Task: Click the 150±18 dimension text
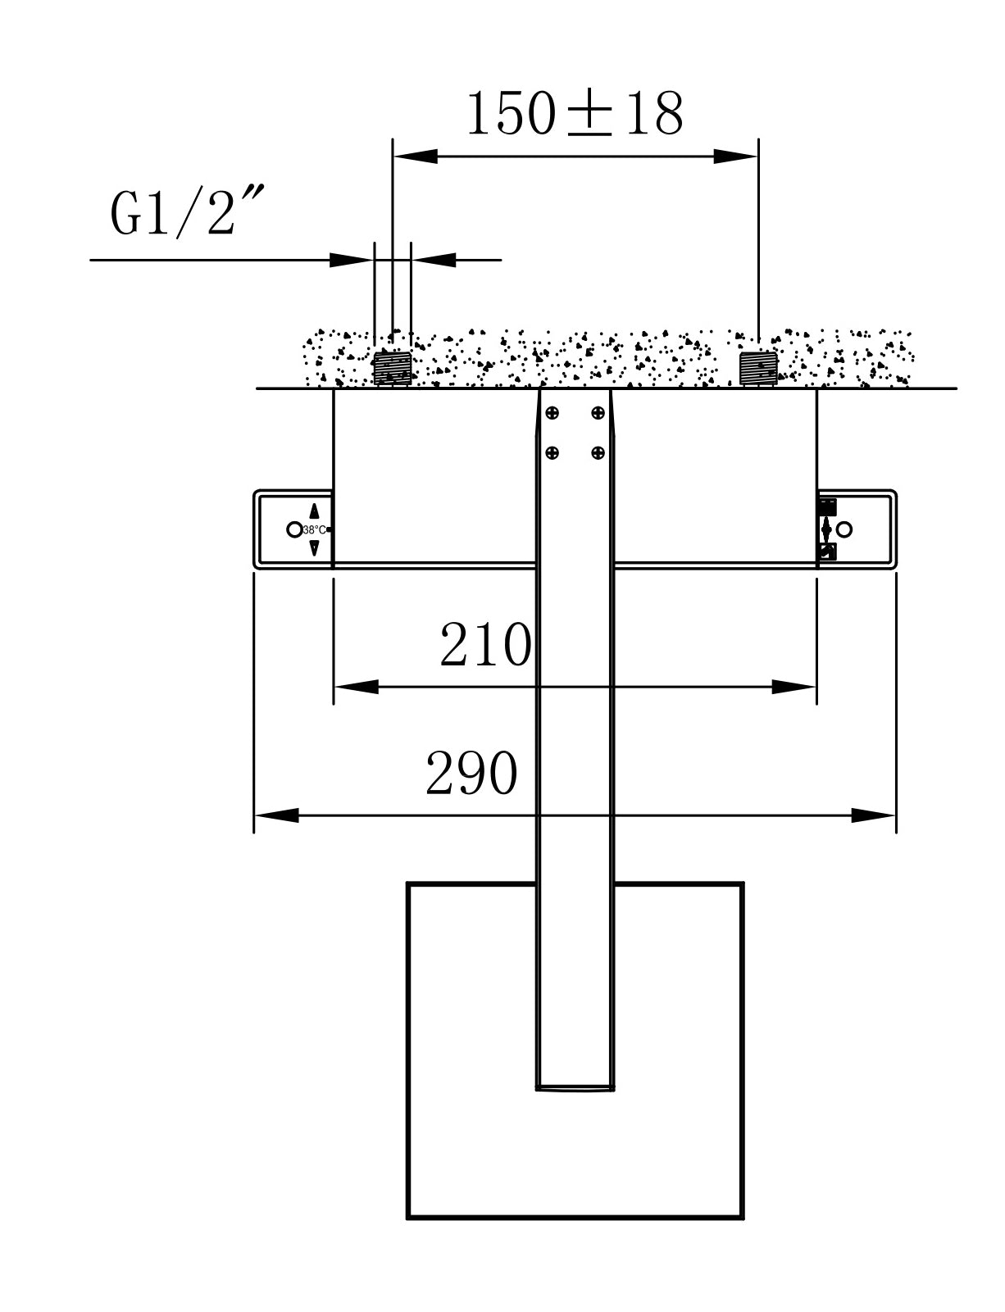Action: coord(575,114)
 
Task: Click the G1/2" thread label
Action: coord(187,211)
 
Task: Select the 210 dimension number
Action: coord(485,645)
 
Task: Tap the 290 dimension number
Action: coord(471,774)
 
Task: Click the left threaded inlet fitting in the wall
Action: coord(392,368)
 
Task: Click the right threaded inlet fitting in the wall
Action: coord(757,368)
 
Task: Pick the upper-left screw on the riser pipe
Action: coord(553,413)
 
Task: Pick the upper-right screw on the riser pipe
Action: coord(598,413)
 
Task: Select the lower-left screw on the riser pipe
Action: coord(553,452)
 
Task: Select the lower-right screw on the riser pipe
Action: coord(598,452)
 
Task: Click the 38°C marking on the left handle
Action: coord(315,529)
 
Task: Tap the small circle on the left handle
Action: coord(293,529)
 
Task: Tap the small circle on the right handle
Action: coord(845,529)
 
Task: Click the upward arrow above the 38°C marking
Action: coord(314,511)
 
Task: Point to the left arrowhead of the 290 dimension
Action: coord(275,815)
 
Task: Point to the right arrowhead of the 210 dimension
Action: coord(795,687)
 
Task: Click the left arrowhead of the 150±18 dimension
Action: coord(415,156)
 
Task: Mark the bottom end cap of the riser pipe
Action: coord(575,1087)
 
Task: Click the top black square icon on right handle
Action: coord(827,506)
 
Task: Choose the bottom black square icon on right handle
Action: coord(827,552)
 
